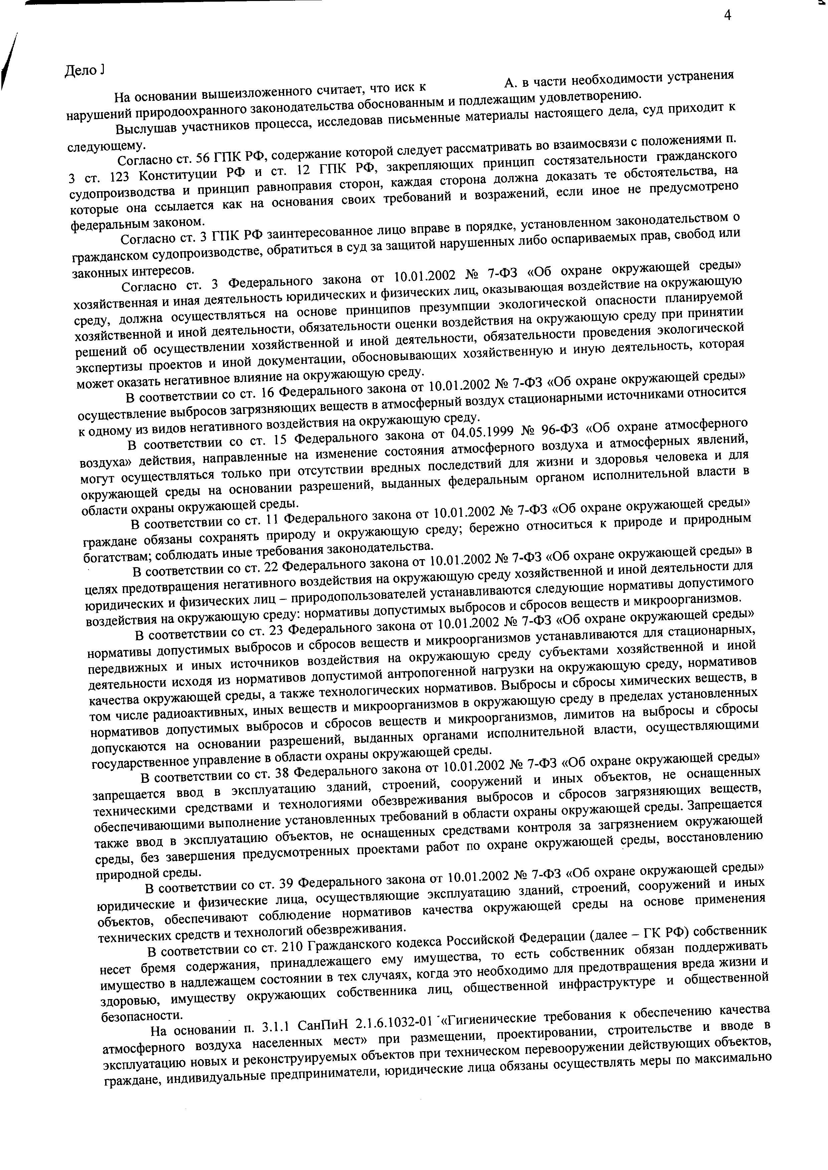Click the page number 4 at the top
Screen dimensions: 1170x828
coord(728,16)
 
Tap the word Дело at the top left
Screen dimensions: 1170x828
coord(80,71)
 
